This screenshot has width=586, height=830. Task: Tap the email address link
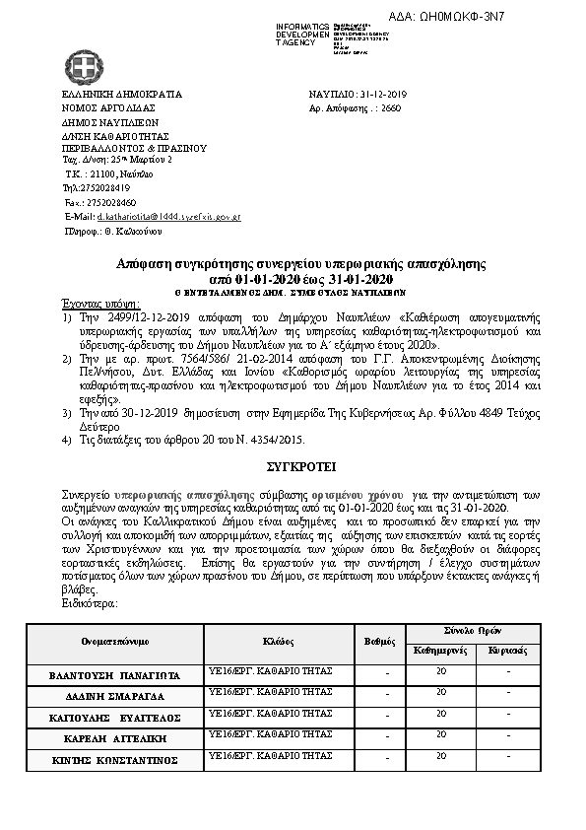168,215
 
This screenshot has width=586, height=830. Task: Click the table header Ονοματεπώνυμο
115,640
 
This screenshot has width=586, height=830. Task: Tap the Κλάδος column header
279,640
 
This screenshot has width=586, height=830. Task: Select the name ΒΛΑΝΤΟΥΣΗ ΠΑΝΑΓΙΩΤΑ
115,675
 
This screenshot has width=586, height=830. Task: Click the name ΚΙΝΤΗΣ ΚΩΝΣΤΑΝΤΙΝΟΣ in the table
115,760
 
